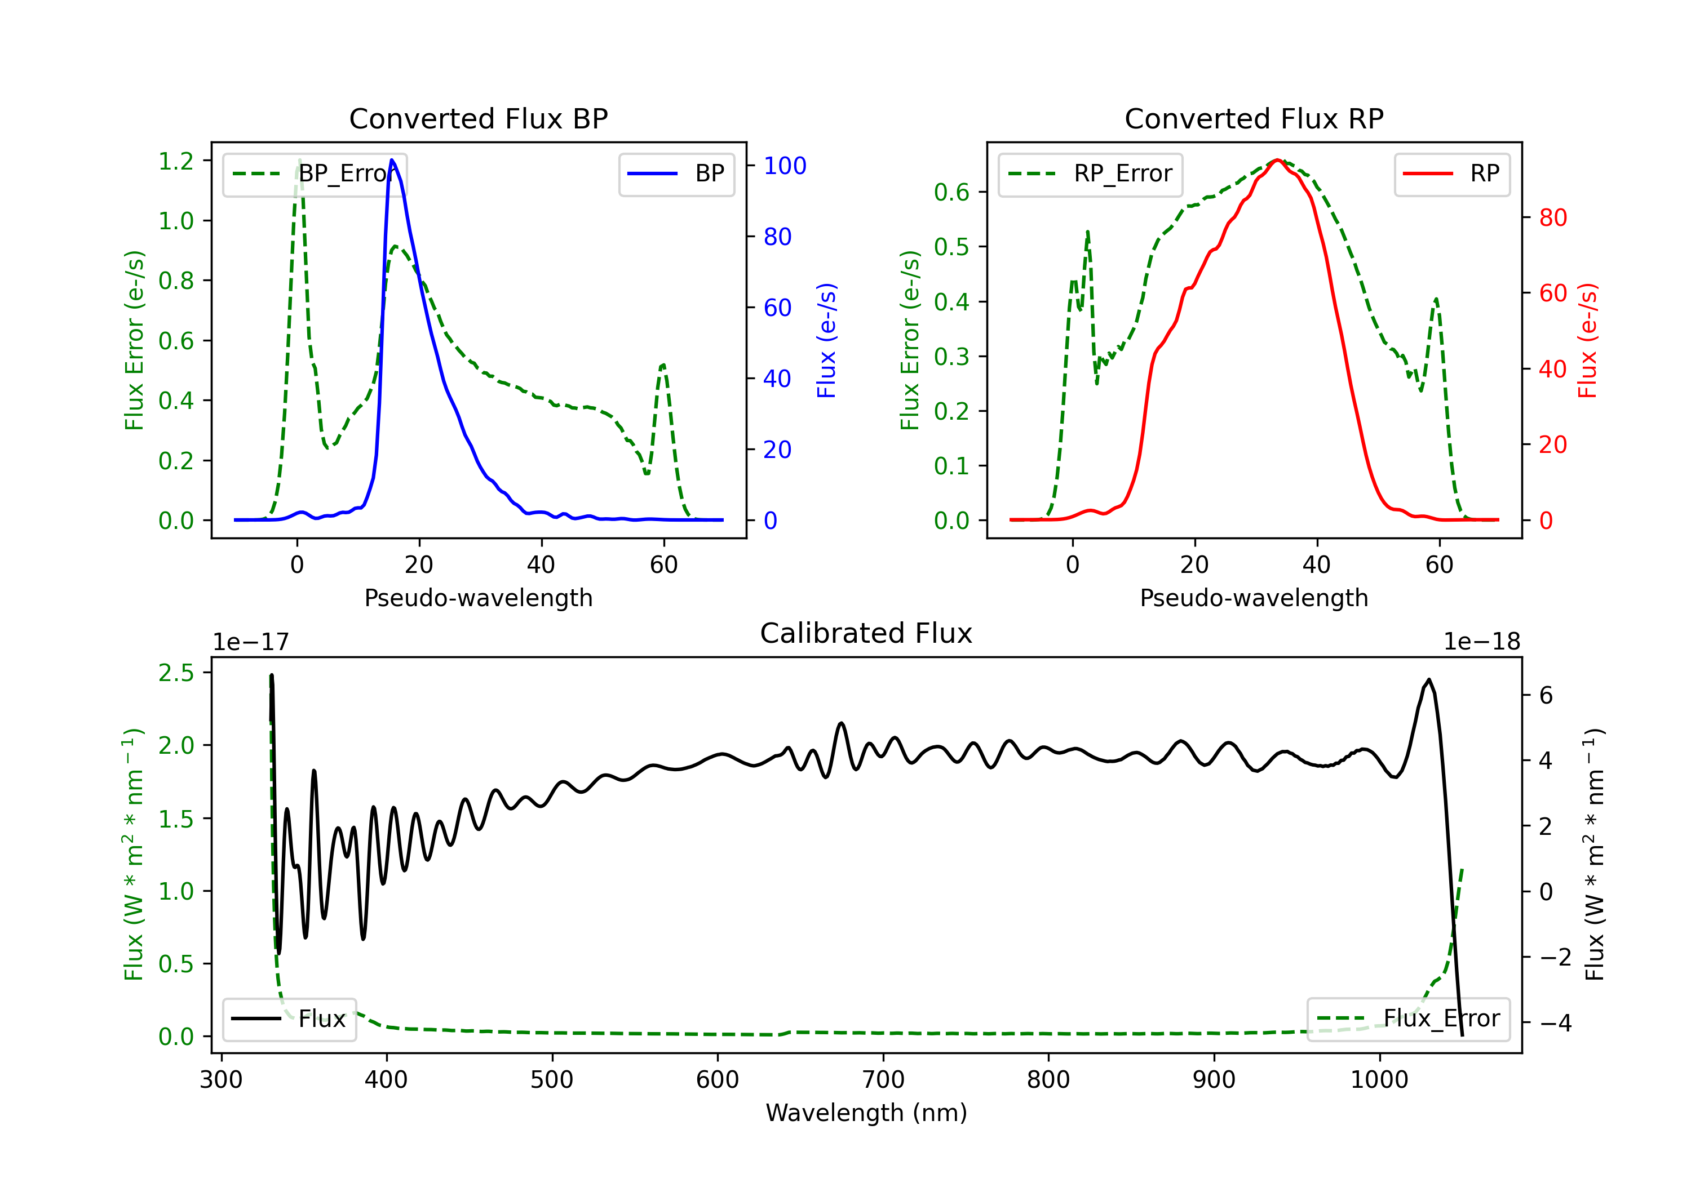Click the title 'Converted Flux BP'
coord(478,118)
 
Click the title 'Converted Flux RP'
coord(1254,118)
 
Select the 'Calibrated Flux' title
coord(866,633)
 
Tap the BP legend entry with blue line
coord(676,174)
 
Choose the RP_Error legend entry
coord(1090,174)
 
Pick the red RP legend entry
coord(1451,174)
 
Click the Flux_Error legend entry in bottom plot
coord(1408,1019)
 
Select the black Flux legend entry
coord(289,1019)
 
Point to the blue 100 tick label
coord(785,166)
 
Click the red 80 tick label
coord(1553,218)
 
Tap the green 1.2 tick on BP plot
coord(176,161)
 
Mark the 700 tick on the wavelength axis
coord(883,1080)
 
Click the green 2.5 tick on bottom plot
coord(176,673)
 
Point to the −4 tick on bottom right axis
coord(1556,1022)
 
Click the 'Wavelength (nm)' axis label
coord(866,1113)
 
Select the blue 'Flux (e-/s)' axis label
coord(826,341)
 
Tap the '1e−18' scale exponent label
coord(1482,642)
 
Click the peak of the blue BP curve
coord(392,160)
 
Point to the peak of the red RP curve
coord(1278,160)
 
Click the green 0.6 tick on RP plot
coord(951,192)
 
